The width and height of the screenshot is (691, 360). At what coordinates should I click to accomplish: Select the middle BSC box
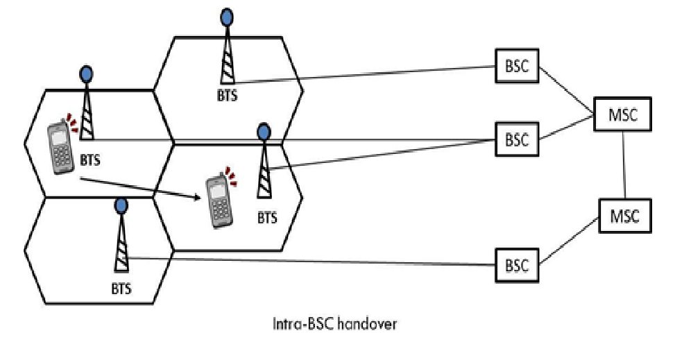[x=517, y=139]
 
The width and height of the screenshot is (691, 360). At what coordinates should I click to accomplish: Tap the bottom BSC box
[x=517, y=266]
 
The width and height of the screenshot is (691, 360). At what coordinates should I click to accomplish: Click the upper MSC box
[x=623, y=114]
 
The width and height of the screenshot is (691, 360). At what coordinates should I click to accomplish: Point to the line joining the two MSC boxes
[x=624, y=164]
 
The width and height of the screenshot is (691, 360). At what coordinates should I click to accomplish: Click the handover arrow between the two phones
[x=139, y=187]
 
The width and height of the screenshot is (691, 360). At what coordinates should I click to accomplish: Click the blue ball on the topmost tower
[x=226, y=15]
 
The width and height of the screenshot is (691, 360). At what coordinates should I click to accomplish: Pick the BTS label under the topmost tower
[x=226, y=96]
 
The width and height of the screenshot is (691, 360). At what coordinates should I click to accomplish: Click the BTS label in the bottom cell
[x=121, y=286]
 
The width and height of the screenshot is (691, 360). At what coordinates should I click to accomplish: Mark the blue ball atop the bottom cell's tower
[x=121, y=205]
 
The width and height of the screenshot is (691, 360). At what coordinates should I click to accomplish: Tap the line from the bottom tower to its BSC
[x=312, y=262]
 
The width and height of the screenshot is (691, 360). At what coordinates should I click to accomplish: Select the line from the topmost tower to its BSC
[x=368, y=74]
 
